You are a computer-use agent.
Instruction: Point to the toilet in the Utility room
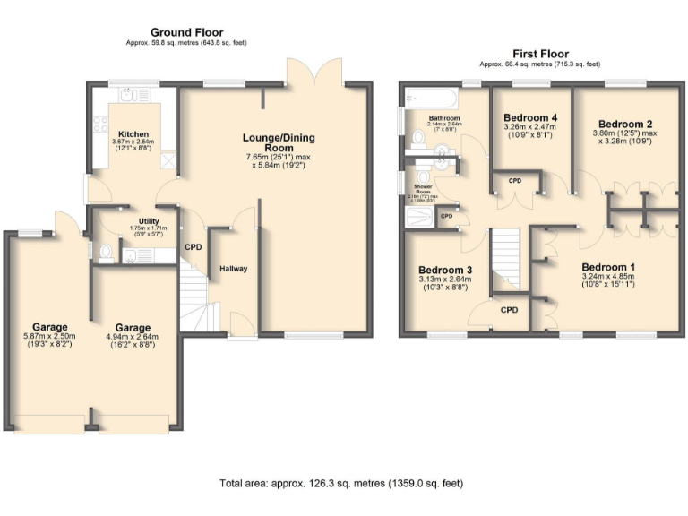coord(106,252)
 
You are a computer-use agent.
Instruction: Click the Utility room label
coord(149,221)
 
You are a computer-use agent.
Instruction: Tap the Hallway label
coord(234,269)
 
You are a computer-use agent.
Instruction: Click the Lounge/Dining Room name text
coord(279,142)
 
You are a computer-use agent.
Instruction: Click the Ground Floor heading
coord(186,32)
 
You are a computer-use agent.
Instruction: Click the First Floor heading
coord(539,54)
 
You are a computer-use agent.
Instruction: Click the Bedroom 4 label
coord(530,117)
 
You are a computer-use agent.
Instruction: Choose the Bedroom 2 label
coord(624,124)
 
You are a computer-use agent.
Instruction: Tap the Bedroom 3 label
coord(445,270)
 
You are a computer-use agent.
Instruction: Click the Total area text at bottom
coord(341,484)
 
